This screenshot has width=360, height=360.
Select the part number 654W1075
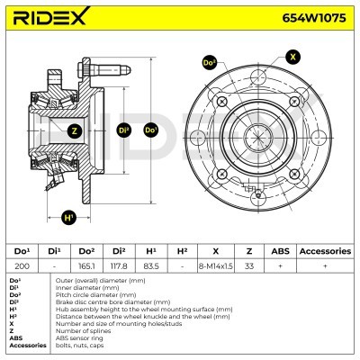[314, 18]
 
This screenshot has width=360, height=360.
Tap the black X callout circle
[292, 57]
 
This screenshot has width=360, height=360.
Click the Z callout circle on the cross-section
[75, 130]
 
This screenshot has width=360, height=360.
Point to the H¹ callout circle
[69, 217]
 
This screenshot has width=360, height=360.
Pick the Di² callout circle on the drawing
[124, 130]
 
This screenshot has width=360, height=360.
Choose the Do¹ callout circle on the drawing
[150, 130]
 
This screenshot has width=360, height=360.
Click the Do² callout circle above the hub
[210, 63]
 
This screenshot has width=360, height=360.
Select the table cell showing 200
[22, 265]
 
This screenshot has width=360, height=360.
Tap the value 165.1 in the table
[86, 265]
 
